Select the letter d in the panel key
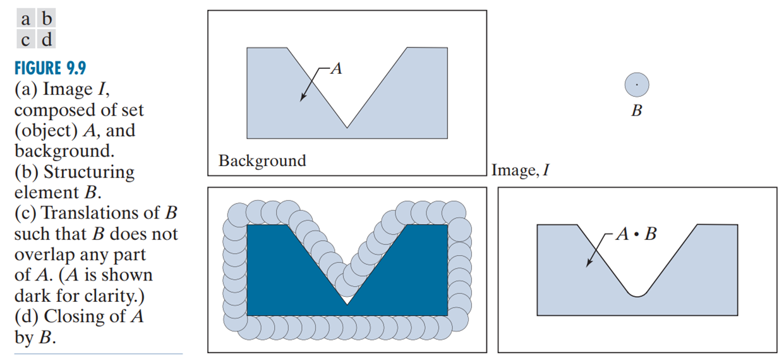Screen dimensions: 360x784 45,40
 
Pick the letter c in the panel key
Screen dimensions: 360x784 25,40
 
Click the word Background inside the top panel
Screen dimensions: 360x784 262,160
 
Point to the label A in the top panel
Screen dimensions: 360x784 337,69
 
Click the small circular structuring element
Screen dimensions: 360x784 637,84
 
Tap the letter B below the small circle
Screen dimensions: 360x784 637,112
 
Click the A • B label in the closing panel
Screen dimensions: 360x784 636,234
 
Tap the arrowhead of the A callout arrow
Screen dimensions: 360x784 302,99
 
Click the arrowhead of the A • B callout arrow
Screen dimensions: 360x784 588,265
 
